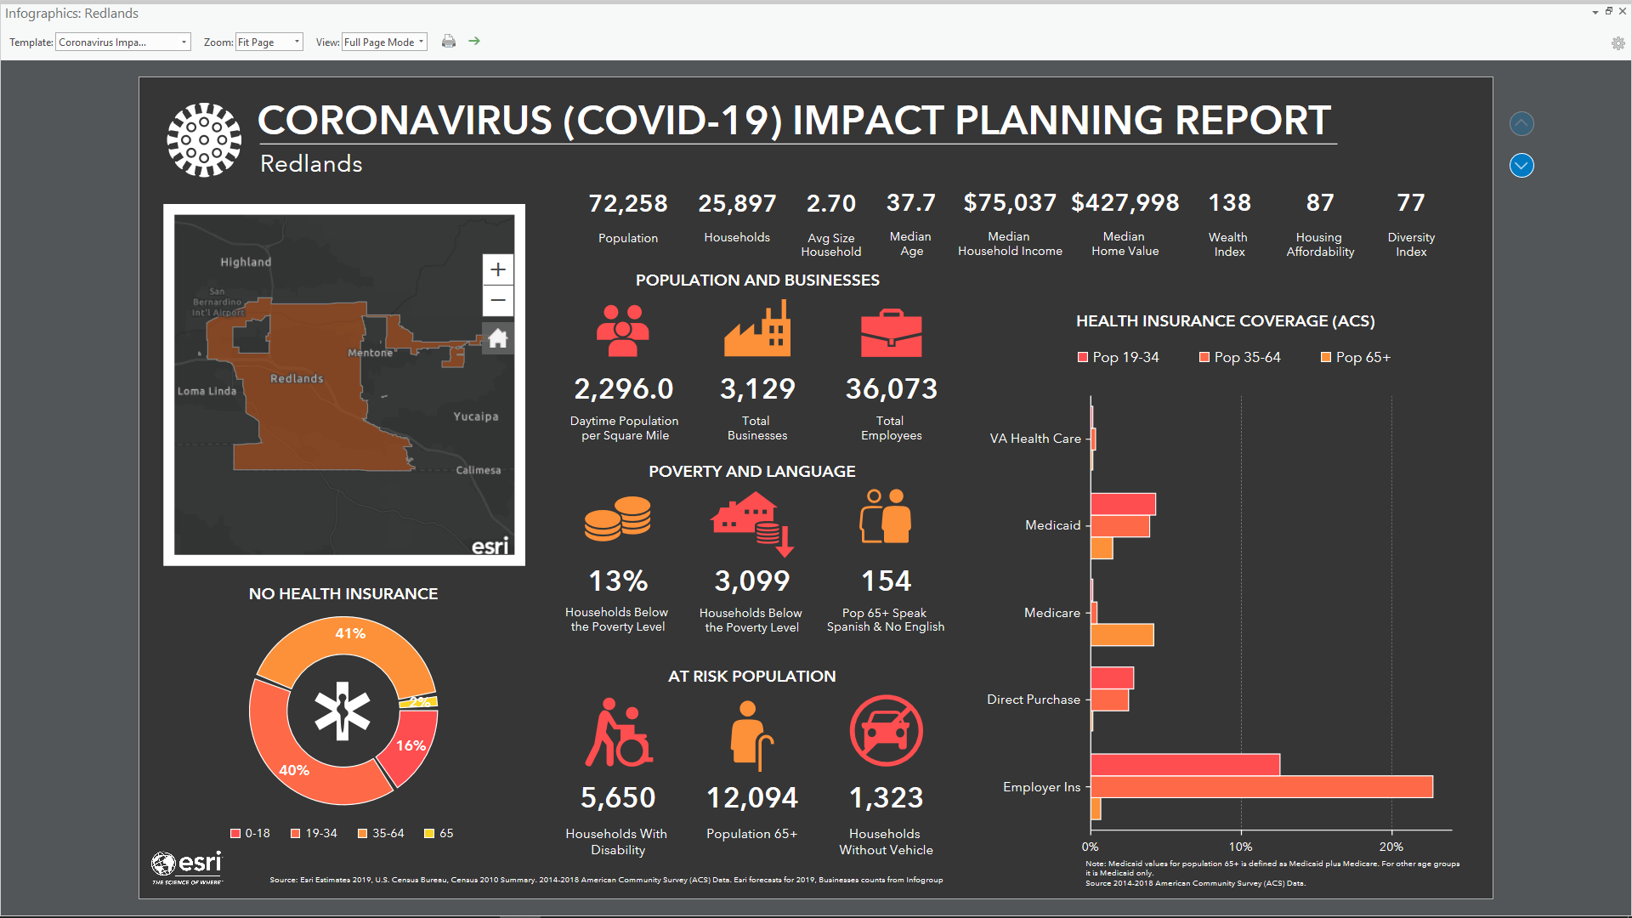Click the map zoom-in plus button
498,270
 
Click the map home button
498,339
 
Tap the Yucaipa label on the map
476,416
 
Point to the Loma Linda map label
207,391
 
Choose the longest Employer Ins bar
1261,787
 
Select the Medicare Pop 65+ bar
1122,635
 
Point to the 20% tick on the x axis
1391,847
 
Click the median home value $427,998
1125,203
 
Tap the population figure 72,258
628,204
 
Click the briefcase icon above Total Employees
891,333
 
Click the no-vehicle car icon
886,731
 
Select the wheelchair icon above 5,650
618,733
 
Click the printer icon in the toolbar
449,42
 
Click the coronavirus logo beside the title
204,140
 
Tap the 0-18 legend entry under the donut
250,834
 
